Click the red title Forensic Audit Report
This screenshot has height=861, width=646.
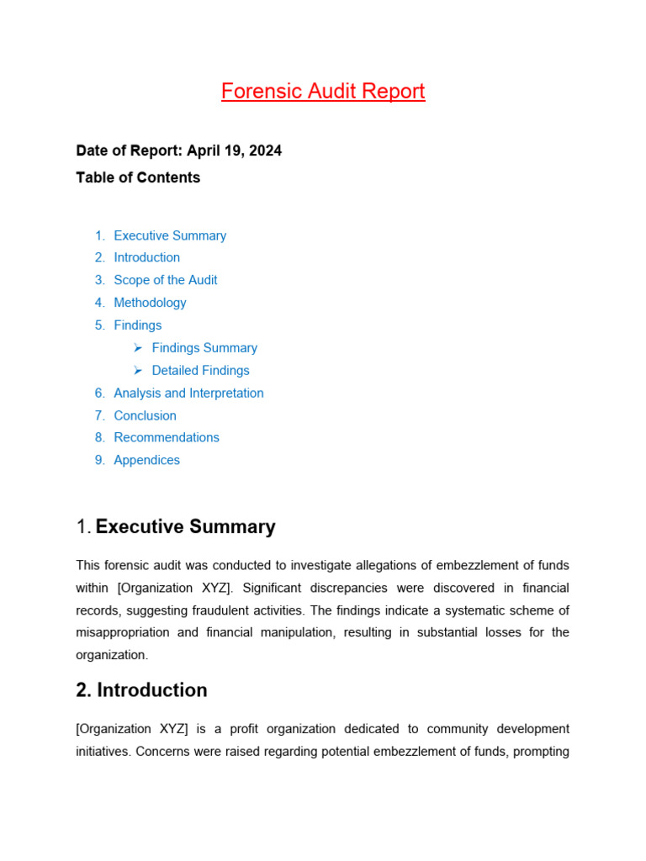click(x=323, y=91)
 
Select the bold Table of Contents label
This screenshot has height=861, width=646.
click(x=138, y=177)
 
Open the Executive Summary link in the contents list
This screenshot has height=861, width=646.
click(x=170, y=235)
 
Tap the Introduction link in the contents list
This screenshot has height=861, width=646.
click(x=146, y=257)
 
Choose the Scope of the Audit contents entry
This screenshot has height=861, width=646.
click(x=166, y=280)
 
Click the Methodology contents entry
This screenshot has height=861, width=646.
click(x=150, y=303)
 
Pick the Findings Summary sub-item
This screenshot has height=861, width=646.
click(x=204, y=348)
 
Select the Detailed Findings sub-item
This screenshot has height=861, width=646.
click(x=200, y=371)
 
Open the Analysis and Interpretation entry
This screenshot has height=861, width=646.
click(x=188, y=393)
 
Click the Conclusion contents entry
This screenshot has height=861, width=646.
click(x=145, y=415)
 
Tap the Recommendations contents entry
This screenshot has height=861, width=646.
click(x=167, y=437)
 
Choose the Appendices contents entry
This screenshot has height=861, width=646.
click(x=146, y=460)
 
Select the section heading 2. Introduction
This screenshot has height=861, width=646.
click(x=141, y=690)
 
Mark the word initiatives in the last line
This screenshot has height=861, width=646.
click(x=101, y=751)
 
